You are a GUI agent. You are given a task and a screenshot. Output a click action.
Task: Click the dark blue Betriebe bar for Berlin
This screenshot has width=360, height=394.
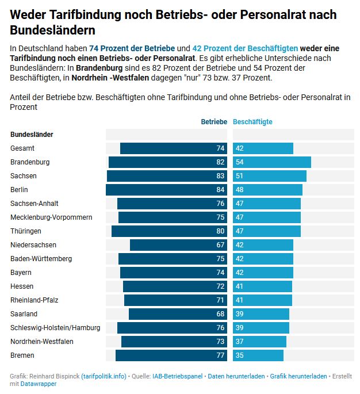tap(167, 190)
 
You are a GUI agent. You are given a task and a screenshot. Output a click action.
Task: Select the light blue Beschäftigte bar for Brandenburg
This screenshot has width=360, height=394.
tap(272, 162)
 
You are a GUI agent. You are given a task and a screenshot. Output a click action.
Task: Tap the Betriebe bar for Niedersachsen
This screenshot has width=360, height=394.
tap(178, 245)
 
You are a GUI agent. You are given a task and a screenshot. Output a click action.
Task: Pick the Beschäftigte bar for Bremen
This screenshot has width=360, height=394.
tap(258, 355)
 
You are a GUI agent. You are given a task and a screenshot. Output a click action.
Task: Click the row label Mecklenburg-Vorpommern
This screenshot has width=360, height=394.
tap(51, 217)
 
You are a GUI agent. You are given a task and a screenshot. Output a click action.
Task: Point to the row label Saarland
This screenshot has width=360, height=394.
tap(24, 314)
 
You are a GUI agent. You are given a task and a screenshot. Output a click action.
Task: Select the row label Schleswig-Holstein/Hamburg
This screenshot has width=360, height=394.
tap(55, 328)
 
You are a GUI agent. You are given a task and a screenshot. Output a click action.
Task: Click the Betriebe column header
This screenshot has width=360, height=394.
tap(214, 122)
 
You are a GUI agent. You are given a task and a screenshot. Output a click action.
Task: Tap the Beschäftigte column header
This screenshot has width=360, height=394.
tap(253, 122)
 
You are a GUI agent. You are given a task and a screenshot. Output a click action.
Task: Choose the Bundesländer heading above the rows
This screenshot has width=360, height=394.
tap(32, 135)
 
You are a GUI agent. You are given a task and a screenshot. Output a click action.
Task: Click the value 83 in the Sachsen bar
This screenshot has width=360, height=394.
tap(220, 176)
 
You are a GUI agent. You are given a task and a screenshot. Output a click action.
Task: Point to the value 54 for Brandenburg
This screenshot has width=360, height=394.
tap(240, 162)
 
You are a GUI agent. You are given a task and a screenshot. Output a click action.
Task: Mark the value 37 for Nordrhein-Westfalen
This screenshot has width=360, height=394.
tap(240, 342)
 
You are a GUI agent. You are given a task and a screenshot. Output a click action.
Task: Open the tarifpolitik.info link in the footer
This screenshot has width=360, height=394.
tap(104, 376)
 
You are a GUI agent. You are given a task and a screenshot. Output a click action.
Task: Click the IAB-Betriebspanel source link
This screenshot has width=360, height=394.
tap(177, 376)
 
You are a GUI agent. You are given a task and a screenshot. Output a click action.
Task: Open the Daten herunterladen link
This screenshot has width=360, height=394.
tap(236, 376)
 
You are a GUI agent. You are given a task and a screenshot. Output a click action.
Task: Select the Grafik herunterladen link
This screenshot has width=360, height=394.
tap(298, 376)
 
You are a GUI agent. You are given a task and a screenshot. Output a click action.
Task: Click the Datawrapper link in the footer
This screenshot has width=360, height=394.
tap(39, 384)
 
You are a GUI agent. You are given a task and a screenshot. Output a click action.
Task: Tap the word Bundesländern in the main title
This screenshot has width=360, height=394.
tap(53, 29)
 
